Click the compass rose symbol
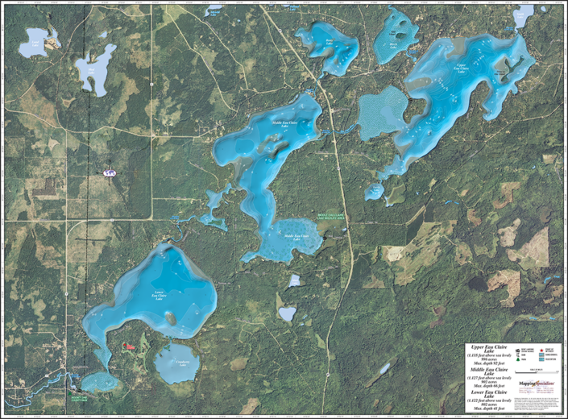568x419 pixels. (110, 172)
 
